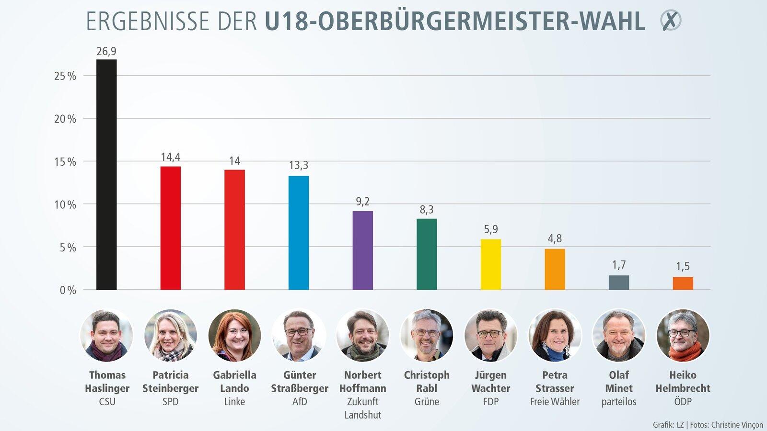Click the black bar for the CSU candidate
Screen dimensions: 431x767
[106, 175]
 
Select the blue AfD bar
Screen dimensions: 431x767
[299, 233]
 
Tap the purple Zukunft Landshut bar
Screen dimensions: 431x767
[363, 250]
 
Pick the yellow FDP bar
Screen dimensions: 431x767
[491, 264]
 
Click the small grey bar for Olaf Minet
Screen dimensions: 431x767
[619, 283]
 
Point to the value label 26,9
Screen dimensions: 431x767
[106, 51]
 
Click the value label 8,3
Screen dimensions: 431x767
[427, 210]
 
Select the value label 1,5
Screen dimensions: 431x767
[683, 266]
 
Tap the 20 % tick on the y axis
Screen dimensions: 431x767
[65, 119]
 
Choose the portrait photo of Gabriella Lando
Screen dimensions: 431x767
[235, 335]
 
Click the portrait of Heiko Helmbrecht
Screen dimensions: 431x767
[683, 335]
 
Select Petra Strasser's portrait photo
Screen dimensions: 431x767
[555, 335]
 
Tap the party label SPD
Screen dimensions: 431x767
[171, 402]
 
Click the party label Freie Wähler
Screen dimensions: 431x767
[555, 402]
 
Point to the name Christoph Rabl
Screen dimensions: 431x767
[427, 382]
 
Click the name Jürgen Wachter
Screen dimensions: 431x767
[491, 382]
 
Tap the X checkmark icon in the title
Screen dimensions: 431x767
[671, 21]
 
